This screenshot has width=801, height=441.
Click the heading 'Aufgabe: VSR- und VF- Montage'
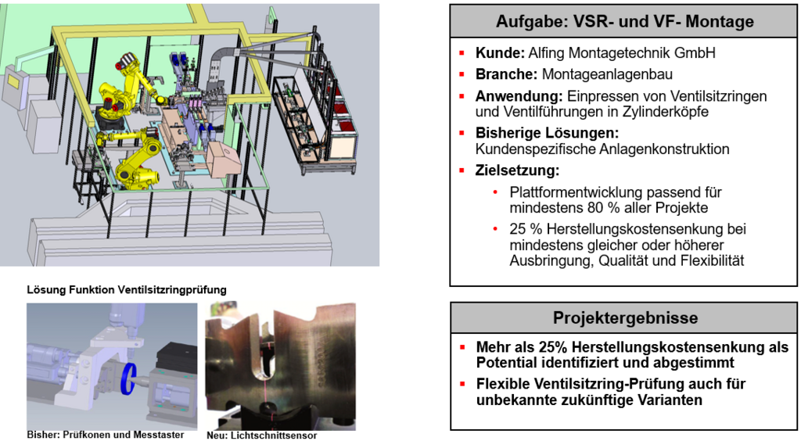625,22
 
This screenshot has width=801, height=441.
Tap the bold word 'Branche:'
506,75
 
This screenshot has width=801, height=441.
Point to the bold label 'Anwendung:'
519,96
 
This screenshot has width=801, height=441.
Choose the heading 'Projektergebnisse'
625,317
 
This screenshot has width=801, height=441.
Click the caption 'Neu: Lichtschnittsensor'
261,436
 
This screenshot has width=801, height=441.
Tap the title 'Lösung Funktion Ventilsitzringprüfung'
127,290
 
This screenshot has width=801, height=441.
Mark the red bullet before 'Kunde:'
462,54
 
